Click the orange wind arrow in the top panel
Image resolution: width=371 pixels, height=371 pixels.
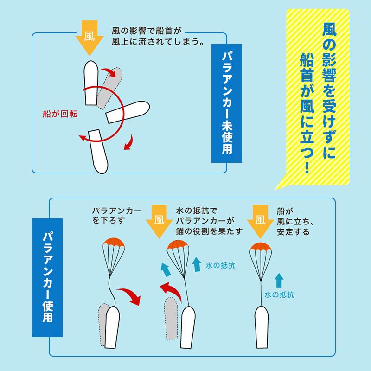point(90,38)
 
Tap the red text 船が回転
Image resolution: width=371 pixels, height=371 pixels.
point(60,114)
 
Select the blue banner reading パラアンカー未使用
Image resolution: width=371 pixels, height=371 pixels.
point(227,103)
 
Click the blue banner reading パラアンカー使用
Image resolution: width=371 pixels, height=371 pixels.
point(47,277)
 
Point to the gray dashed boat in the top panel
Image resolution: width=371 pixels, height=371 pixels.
point(109,88)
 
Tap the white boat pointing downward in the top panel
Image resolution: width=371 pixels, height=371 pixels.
point(98,152)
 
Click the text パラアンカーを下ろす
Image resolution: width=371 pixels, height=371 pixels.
point(117,216)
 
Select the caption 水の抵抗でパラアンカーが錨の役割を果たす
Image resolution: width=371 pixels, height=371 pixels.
point(209,221)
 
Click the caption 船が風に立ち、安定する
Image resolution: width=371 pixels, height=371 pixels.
point(295,222)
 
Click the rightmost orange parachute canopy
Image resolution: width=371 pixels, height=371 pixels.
point(261,247)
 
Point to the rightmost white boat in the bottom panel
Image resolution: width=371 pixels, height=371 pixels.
point(262,327)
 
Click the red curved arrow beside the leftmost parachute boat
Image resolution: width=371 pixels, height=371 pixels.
point(129,296)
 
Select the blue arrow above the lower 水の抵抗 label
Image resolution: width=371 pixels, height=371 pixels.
point(279,281)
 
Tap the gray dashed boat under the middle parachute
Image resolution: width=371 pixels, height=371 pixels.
point(171,318)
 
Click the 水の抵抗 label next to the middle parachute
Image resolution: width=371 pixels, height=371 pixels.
point(220,265)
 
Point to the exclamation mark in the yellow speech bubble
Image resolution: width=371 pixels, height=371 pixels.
point(307,167)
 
